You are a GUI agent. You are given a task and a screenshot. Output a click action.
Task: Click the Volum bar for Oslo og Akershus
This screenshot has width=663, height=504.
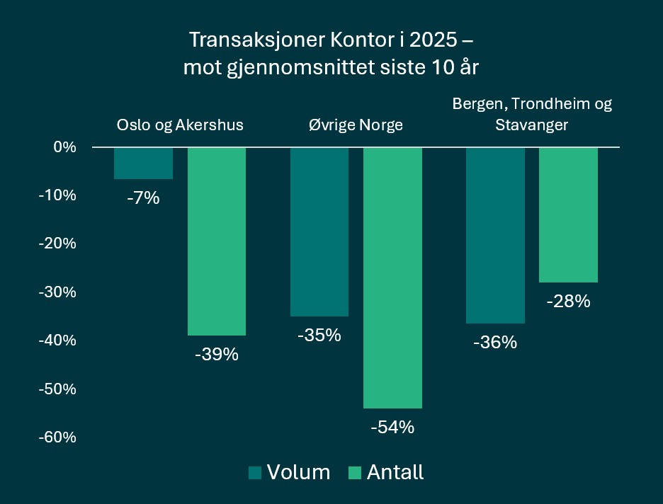pos(143,164)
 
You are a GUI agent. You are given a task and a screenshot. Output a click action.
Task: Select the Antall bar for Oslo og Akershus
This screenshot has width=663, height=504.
pos(216,241)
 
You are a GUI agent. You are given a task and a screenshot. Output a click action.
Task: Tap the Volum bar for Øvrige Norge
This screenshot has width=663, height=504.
pos(319,231)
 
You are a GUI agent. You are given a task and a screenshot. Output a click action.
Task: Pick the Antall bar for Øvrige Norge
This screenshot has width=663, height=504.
pos(392,277)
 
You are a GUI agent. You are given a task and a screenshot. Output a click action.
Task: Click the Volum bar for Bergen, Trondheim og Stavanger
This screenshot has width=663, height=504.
pos(495,235)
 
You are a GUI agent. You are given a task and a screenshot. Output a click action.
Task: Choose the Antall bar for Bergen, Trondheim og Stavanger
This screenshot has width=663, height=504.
pos(568,214)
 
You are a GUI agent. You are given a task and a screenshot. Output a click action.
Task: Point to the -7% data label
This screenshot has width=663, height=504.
pos(143,198)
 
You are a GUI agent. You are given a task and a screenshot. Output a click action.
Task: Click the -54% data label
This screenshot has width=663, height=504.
pos(392,428)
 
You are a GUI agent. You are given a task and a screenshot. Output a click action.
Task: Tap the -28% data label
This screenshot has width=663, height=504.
pos(568,302)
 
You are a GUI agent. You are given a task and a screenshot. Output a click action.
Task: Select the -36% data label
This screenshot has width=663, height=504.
pos(495,343)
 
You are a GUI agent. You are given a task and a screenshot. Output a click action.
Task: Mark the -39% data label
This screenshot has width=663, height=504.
pos(216,354)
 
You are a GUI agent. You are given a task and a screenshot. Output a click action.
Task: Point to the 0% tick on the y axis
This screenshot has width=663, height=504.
pos(64,147)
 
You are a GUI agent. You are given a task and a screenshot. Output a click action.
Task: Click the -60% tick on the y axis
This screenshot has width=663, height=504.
pos(57,437)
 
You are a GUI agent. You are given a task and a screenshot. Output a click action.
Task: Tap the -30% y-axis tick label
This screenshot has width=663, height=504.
pos(57,292)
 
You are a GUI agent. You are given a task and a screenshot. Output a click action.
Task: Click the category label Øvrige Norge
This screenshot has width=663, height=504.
pos(356,125)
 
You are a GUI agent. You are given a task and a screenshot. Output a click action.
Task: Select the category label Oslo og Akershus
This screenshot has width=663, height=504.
pos(179,125)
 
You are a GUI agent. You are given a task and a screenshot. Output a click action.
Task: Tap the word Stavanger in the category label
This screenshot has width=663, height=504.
pos(532,125)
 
